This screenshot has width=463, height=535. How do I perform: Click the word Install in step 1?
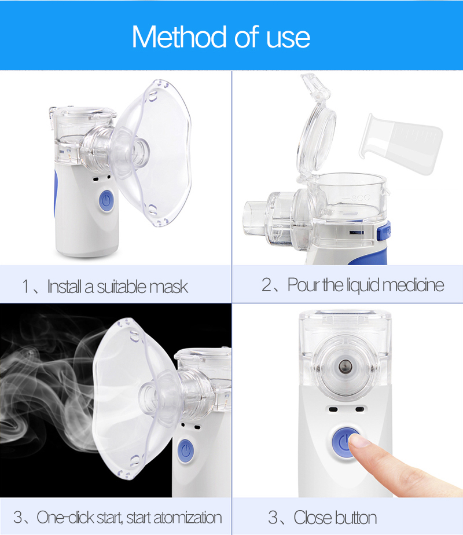click(x=65, y=286)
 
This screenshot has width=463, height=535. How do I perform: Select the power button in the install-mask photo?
click(x=106, y=201)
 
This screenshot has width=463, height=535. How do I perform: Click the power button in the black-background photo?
click(x=186, y=449)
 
